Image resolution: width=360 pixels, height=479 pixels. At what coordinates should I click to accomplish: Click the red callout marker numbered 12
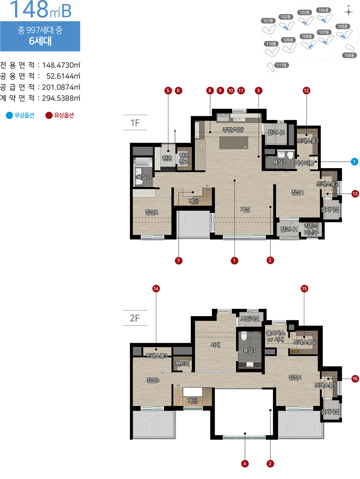(306, 90)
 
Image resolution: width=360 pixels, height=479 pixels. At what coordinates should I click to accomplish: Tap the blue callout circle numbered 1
(354, 162)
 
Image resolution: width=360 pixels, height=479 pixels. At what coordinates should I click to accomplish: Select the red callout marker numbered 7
(178, 261)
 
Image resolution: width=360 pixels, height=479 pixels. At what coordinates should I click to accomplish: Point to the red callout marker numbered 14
(156, 289)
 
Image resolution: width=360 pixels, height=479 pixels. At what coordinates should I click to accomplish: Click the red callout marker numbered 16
(355, 379)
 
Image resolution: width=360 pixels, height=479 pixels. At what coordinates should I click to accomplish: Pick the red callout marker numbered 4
(245, 463)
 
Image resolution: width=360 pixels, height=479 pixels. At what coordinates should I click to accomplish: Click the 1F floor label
(135, 123)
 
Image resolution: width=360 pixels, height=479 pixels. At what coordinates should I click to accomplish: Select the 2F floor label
(135, 318)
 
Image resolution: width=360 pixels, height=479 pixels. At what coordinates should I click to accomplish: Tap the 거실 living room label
(245, 209)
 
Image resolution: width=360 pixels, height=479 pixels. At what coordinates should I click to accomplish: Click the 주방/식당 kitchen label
(233, 130)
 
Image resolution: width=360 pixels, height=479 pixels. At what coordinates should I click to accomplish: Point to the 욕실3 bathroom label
(249, 350)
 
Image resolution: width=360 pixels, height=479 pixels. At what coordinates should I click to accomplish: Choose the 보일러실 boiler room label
(250, 318)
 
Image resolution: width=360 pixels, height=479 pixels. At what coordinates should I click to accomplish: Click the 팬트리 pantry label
(182, 364)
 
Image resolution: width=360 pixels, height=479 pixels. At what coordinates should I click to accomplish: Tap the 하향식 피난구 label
(311, 229)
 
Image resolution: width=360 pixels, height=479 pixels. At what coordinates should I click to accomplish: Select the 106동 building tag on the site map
(349, 55)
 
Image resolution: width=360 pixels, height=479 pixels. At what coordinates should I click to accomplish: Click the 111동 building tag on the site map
(282, 65)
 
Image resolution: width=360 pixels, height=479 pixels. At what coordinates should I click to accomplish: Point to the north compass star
(348, 12)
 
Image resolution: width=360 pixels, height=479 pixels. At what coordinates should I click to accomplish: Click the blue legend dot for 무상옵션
(9, 115)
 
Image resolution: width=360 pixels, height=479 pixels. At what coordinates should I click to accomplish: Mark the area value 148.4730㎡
(61, 65)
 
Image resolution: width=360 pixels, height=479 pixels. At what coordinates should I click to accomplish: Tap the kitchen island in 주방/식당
(234, 143)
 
